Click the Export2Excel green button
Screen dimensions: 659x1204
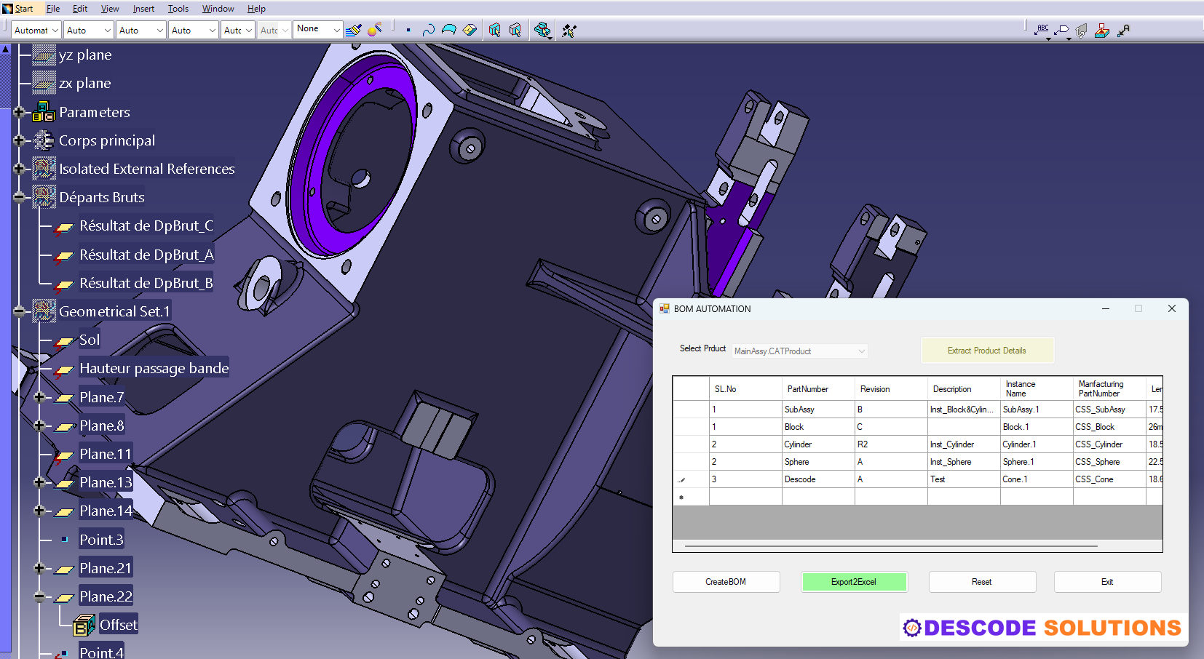[854, 582]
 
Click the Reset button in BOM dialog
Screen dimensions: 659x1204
[981, 582]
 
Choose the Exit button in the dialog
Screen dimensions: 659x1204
[1106, 582]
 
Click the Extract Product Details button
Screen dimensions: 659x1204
[986, 351]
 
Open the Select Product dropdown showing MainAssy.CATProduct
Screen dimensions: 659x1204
[800, 351]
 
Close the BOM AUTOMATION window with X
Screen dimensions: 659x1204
[1171, 308]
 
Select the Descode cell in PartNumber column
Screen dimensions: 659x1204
[801, 479]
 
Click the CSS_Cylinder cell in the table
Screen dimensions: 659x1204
[1099, 444]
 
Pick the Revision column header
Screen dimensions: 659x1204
[875, 389]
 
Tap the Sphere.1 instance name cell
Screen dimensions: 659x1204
[1018, 462]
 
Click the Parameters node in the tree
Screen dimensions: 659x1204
[95, 112]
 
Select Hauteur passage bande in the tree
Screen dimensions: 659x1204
[154, 368]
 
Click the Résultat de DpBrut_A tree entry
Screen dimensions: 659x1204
[146, 255]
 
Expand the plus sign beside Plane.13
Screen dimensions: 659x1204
[39, 482]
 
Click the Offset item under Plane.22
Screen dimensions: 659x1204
[118, 625]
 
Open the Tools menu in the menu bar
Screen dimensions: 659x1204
[178, 9]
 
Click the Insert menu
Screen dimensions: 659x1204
[143, 9]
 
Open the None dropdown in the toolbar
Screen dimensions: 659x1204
[318, 29]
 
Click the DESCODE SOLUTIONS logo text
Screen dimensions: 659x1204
[1052, 628]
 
